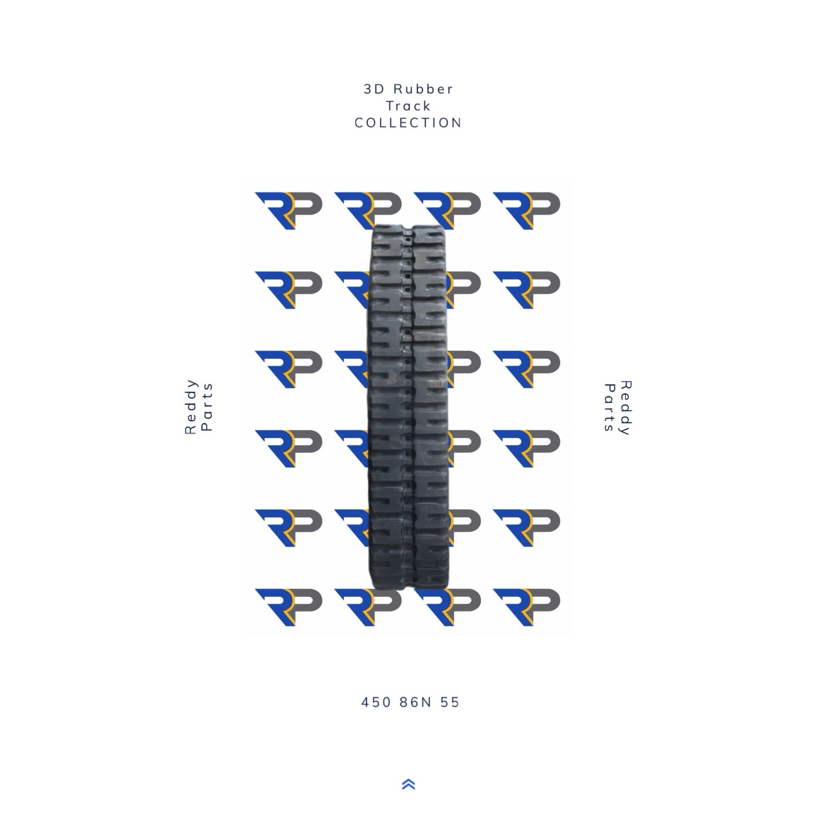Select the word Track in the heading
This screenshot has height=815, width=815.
(408, 106)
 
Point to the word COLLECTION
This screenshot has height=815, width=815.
(408, 123)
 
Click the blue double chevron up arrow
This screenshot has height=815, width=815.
(409, 784)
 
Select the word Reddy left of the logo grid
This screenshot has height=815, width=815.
(192, 407)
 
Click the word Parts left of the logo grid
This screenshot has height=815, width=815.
(207, 407)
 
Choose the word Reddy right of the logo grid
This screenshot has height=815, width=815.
(625, 408)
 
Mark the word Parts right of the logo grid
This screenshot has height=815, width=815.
(609, 408)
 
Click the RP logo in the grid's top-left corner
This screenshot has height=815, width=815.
(288, 210)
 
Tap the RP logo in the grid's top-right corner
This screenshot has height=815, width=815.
(526, 210)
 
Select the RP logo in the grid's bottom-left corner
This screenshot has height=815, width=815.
(288, 607)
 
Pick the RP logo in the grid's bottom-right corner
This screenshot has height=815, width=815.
(526, 607)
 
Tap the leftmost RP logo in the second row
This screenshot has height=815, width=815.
(288, 289)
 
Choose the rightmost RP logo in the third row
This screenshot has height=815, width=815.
(526, 369)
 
